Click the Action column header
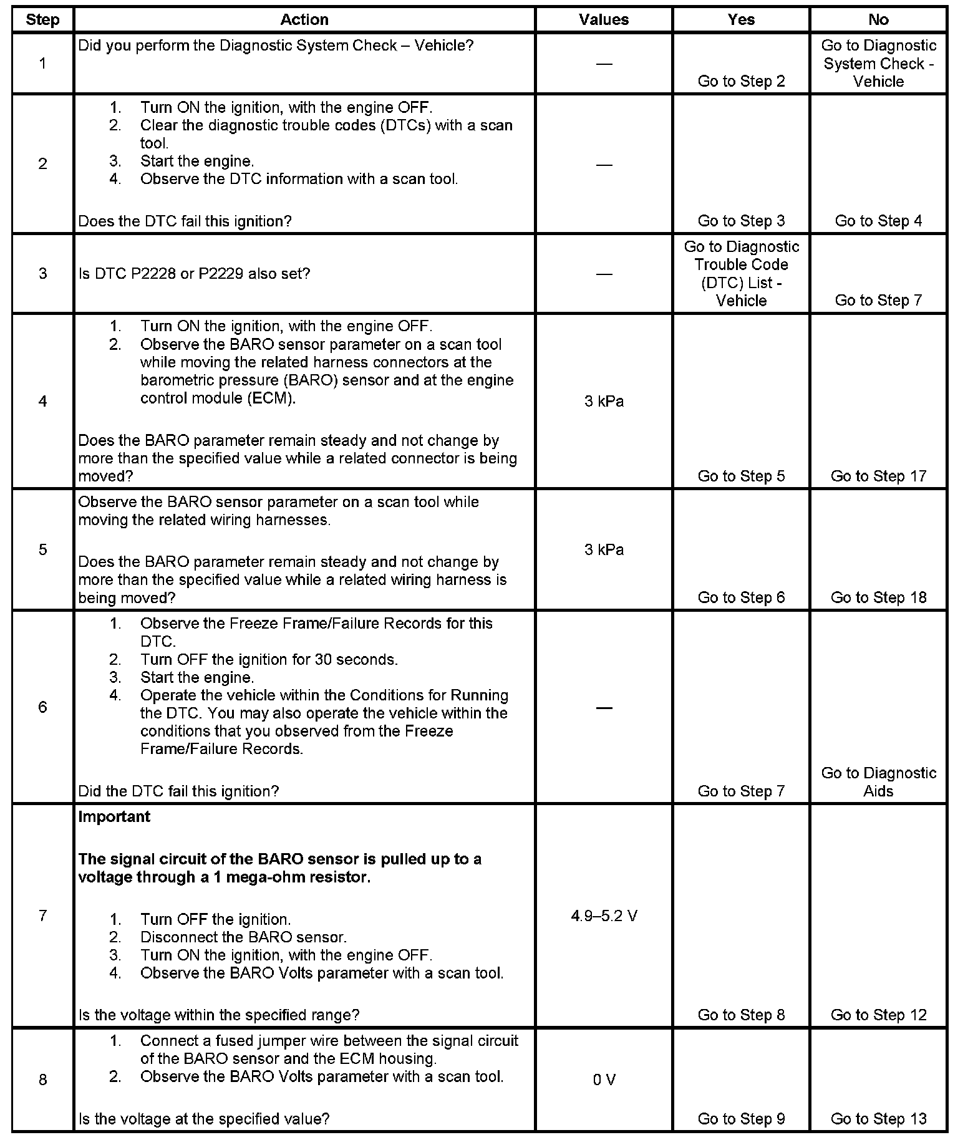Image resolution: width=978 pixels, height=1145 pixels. click(x=304, y=20)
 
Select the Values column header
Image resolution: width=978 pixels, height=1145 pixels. click(x=604, y=20)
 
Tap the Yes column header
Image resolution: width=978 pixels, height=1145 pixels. click(x=741, y=20)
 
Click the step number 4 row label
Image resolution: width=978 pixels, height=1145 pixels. click(x=42, y=401)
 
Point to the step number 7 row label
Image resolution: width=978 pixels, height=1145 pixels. click(x=42, y=916)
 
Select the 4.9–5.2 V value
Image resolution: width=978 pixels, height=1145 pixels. click(x=604, y=916)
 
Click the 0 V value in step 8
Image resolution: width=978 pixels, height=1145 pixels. click(x=604, y=1080)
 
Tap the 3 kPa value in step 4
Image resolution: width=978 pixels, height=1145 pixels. click(x=604, y=402)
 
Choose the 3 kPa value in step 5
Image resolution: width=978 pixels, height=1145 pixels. click(x=604, y=550)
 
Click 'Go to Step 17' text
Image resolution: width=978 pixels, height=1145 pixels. click(x=878, y=476)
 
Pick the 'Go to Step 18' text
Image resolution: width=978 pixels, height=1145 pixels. click(x=878, y=598)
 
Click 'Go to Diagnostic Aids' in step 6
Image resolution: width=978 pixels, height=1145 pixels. click(x=878, y=782)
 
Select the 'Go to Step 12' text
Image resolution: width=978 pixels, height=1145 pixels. click(x=878, y=1015)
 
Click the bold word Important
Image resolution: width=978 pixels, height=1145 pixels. click(x=114, y=817)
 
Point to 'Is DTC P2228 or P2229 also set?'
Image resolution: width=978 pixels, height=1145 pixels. click(x=194, y=274)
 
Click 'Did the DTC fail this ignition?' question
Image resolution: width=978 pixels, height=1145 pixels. click(x=178, y=791)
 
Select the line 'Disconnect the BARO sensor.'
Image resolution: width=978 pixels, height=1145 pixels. click(x=243, y=937)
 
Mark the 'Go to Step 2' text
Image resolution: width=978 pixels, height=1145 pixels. click(x=741, y=82)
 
